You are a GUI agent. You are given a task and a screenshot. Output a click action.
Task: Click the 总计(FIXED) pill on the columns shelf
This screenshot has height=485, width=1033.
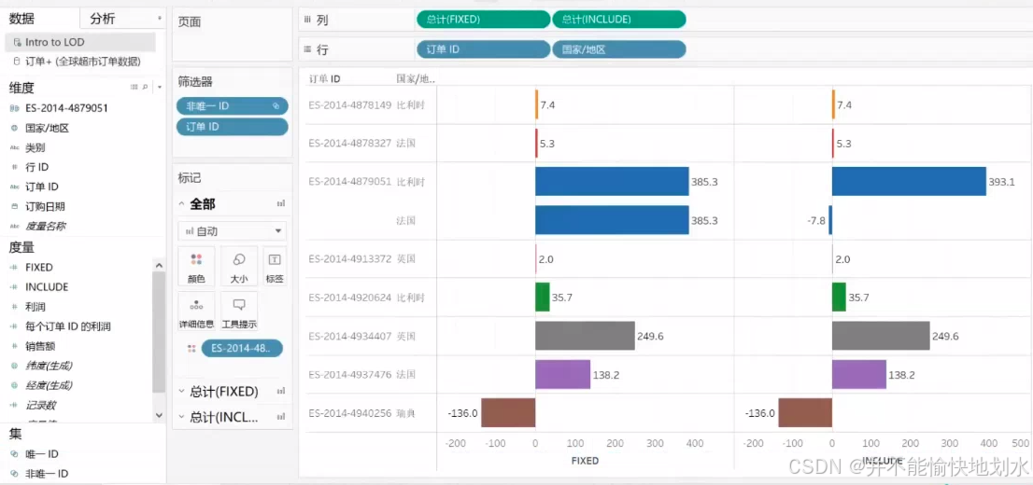(x=482, y=20)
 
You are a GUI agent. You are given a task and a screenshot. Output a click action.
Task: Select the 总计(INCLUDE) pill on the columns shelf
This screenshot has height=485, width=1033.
(x=618, y=20)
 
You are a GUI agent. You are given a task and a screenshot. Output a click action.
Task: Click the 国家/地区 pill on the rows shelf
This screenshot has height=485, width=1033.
(x=618, y=49)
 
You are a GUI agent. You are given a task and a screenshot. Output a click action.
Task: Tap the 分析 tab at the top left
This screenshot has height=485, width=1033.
(x=103, y=19)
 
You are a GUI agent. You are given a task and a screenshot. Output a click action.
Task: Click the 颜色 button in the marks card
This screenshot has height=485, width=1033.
(x=196, y=266)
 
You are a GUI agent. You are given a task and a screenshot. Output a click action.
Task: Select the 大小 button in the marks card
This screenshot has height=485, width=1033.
(x=239, y=266)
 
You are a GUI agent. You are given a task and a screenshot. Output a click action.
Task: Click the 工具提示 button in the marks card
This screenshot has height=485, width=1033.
(x=239, y=312)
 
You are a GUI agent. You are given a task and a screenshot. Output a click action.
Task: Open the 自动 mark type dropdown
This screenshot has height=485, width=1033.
(x=232, y=230)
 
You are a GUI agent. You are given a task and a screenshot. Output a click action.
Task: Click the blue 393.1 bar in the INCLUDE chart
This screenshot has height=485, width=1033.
(x=908, y=181)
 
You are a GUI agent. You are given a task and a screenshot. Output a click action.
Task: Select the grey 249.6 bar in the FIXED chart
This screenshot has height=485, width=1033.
(x=584, y=336)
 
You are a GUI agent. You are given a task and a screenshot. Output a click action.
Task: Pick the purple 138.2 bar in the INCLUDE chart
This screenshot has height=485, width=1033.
(x=858, y=374)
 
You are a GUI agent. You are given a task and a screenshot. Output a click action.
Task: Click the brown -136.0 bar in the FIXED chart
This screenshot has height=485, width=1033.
(x=508, y=412)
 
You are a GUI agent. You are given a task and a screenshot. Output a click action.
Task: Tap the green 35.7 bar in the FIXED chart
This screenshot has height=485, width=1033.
(x=542, y=297)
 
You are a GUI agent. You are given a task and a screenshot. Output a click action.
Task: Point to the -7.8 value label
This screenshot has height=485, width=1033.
(x=815, y=220)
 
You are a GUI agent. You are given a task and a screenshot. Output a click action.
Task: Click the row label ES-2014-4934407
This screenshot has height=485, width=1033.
(x=350, y=336)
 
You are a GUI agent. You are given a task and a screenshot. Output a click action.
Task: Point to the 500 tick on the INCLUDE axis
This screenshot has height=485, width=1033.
(x=1019, y=443)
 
